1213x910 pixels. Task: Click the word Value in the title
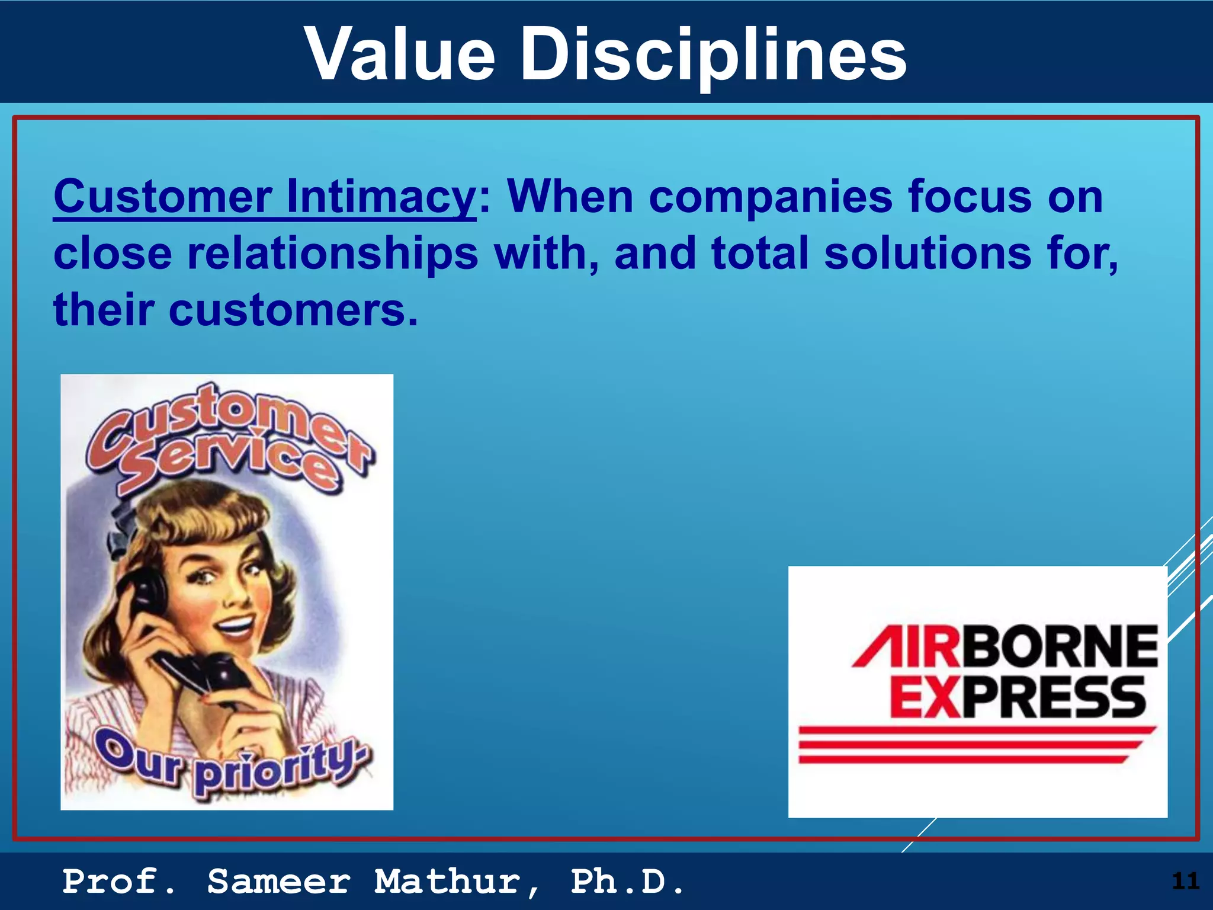click(400, 55)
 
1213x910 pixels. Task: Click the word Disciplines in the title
click(713, 55)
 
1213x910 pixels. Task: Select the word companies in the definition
click(771, 197)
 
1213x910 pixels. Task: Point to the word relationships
click(332, 254)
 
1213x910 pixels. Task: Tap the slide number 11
click(1185, 881)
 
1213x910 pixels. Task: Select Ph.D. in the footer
click(627, 882)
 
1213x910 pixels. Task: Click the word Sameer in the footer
click(279, 882)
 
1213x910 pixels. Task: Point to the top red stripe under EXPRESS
click(977, 731)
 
